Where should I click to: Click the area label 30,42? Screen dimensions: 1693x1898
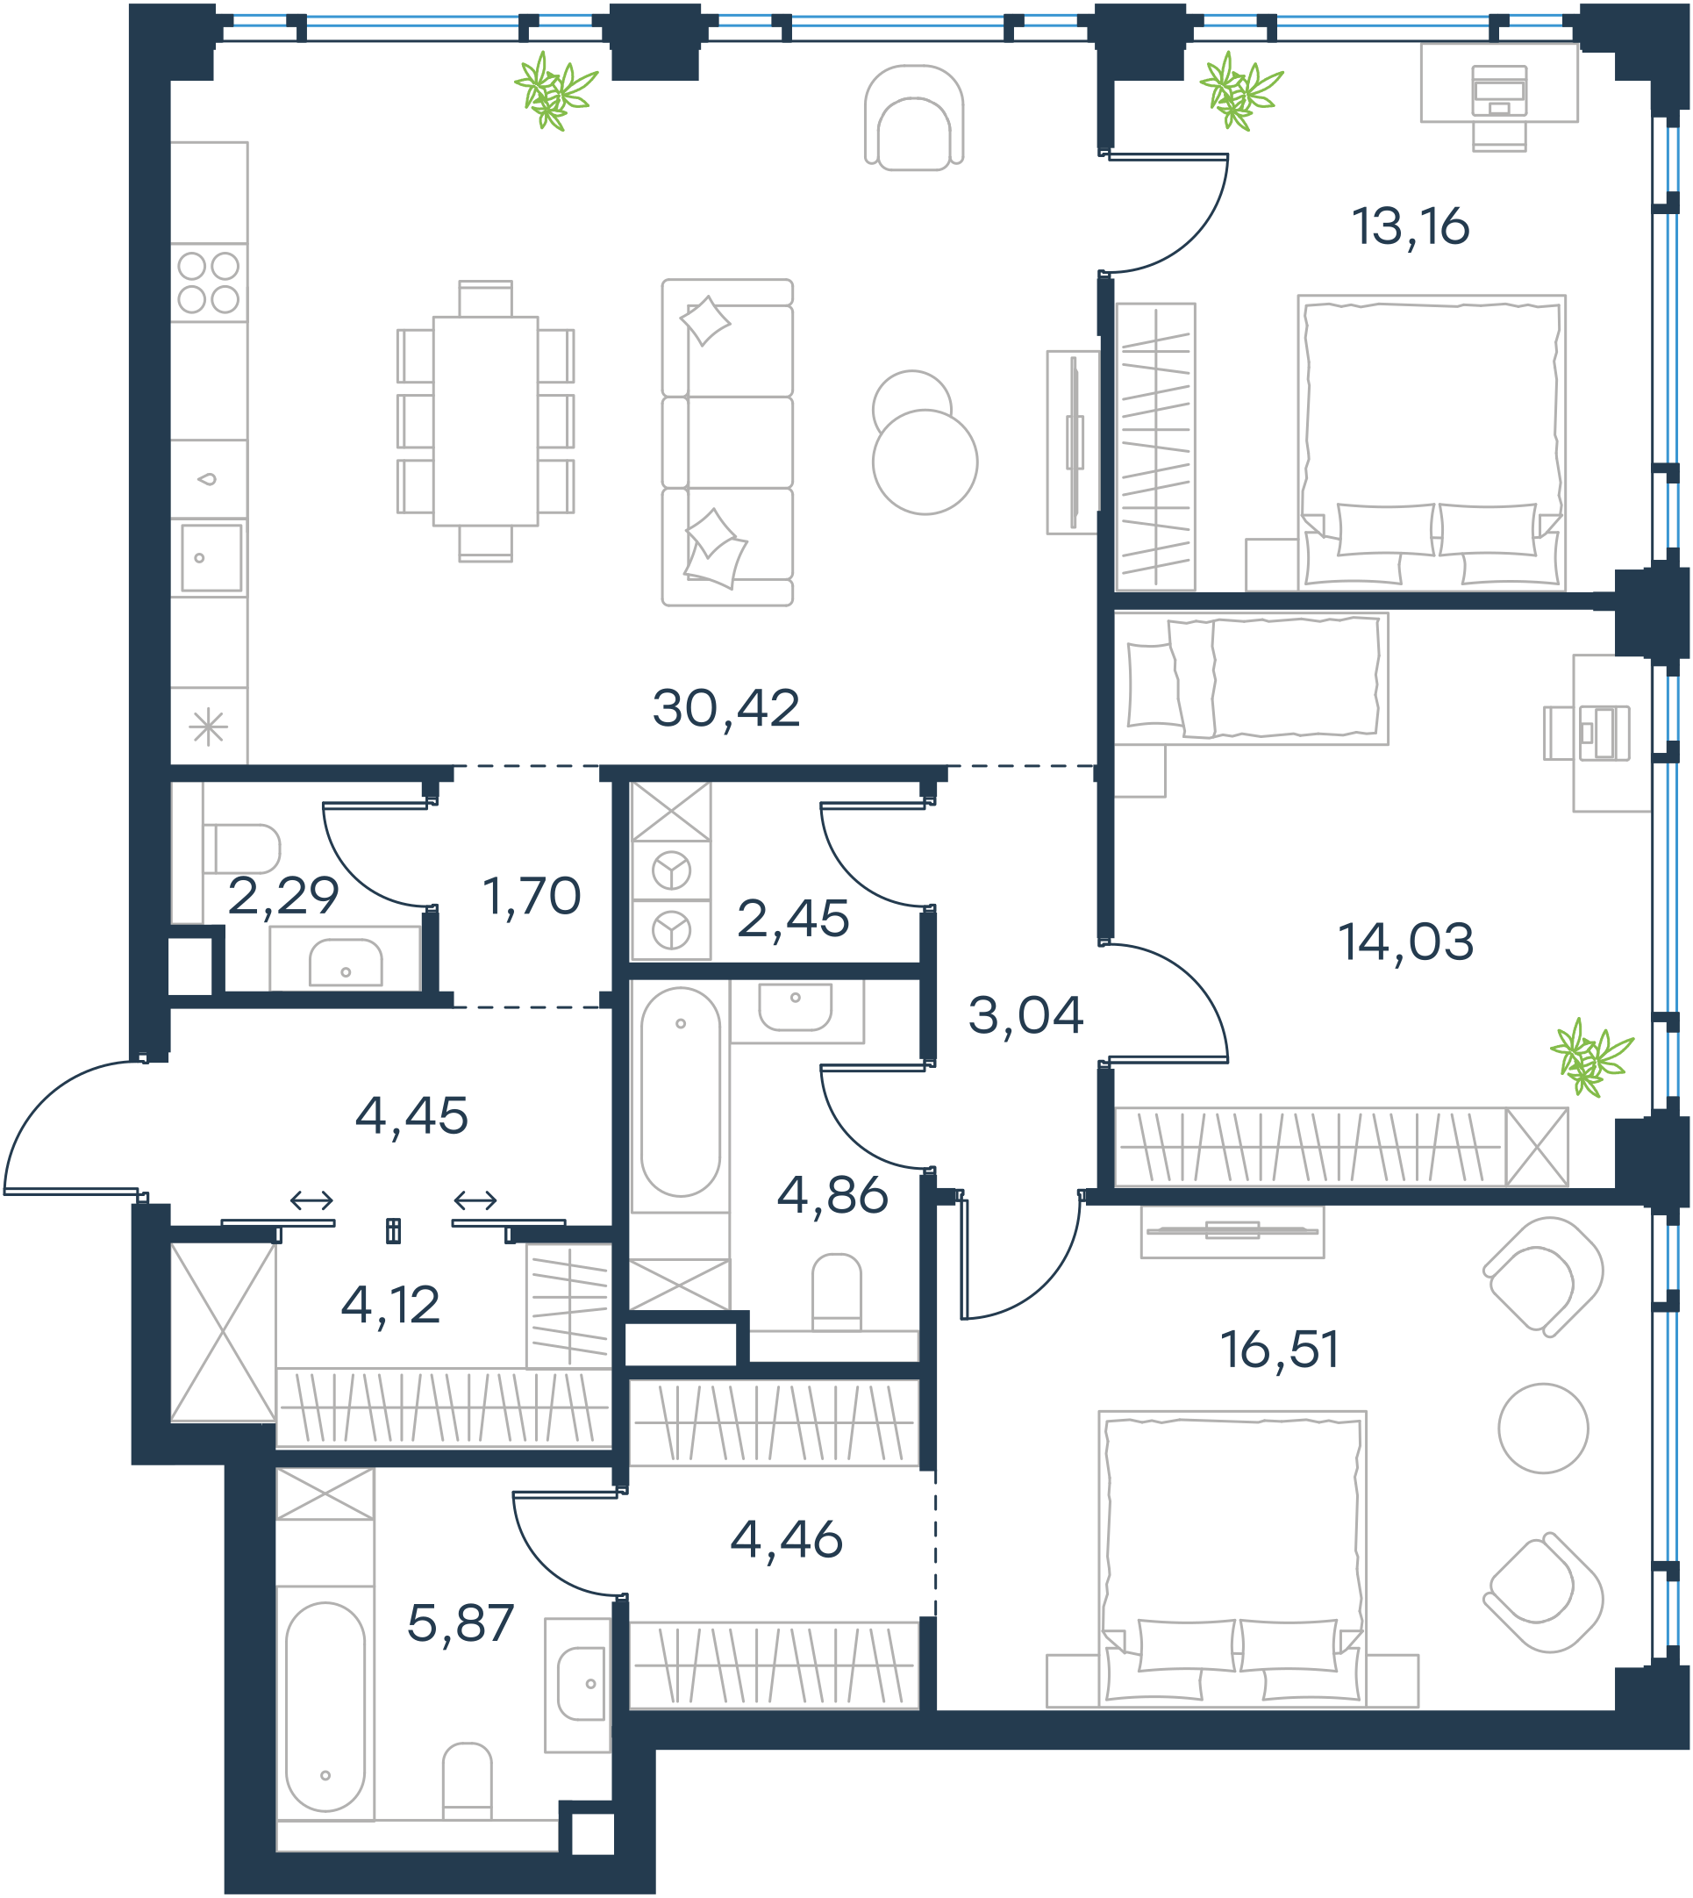click(725, 709)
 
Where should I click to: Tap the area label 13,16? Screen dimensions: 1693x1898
click(1411, 227)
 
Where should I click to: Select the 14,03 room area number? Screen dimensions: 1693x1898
click(1405, 942)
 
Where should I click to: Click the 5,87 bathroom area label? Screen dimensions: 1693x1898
click(461, 1623)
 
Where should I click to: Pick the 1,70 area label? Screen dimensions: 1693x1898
click(532, 896)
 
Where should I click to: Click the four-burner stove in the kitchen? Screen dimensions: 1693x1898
click(209, 283)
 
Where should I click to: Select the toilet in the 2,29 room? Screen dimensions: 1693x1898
click(241, 849)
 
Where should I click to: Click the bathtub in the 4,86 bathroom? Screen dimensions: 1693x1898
click(680, 1092)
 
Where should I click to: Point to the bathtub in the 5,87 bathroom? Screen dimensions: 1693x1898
click(325, 1706)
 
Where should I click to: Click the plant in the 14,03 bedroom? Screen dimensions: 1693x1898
click(1590, 1056)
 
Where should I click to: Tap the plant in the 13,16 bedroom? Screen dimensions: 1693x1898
click(1241, 90)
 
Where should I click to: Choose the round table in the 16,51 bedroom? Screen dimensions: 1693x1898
click(1543, 1429)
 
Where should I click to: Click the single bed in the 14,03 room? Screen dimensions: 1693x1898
click(1251, 678)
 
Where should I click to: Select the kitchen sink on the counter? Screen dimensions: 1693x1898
click(211, 557)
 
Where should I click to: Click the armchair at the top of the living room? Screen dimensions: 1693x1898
click(913, 118)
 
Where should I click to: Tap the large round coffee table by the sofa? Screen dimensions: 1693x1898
click(925, 462)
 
